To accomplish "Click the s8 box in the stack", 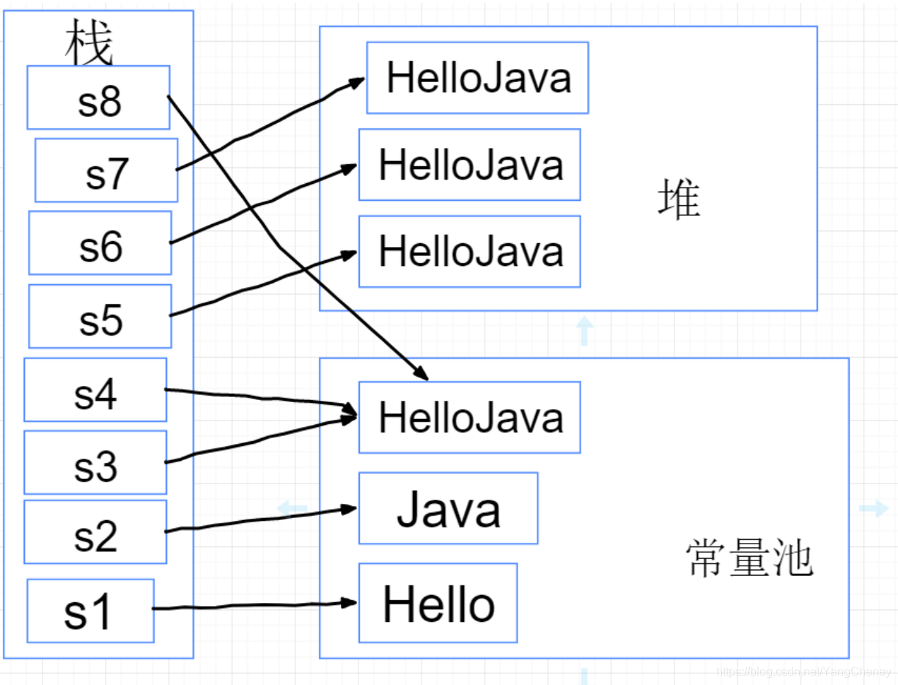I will [98, 97].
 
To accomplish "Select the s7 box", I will [106, 170].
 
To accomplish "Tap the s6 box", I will [100, 242].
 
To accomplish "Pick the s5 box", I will [100, 316].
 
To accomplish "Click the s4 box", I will [95, 390].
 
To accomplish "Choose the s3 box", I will [95, 462].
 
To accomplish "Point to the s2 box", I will [95, 532].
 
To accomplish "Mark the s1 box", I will [90, 610].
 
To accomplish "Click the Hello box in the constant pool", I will [438, 603].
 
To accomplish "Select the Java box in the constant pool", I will [448, 508].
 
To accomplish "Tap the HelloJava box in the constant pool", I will [469, 418].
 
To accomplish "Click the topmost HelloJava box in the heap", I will [477, 78].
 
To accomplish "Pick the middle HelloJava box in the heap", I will [469, 165].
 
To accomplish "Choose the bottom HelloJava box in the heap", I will [469, 251].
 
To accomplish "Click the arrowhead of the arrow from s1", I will [350, 603].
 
